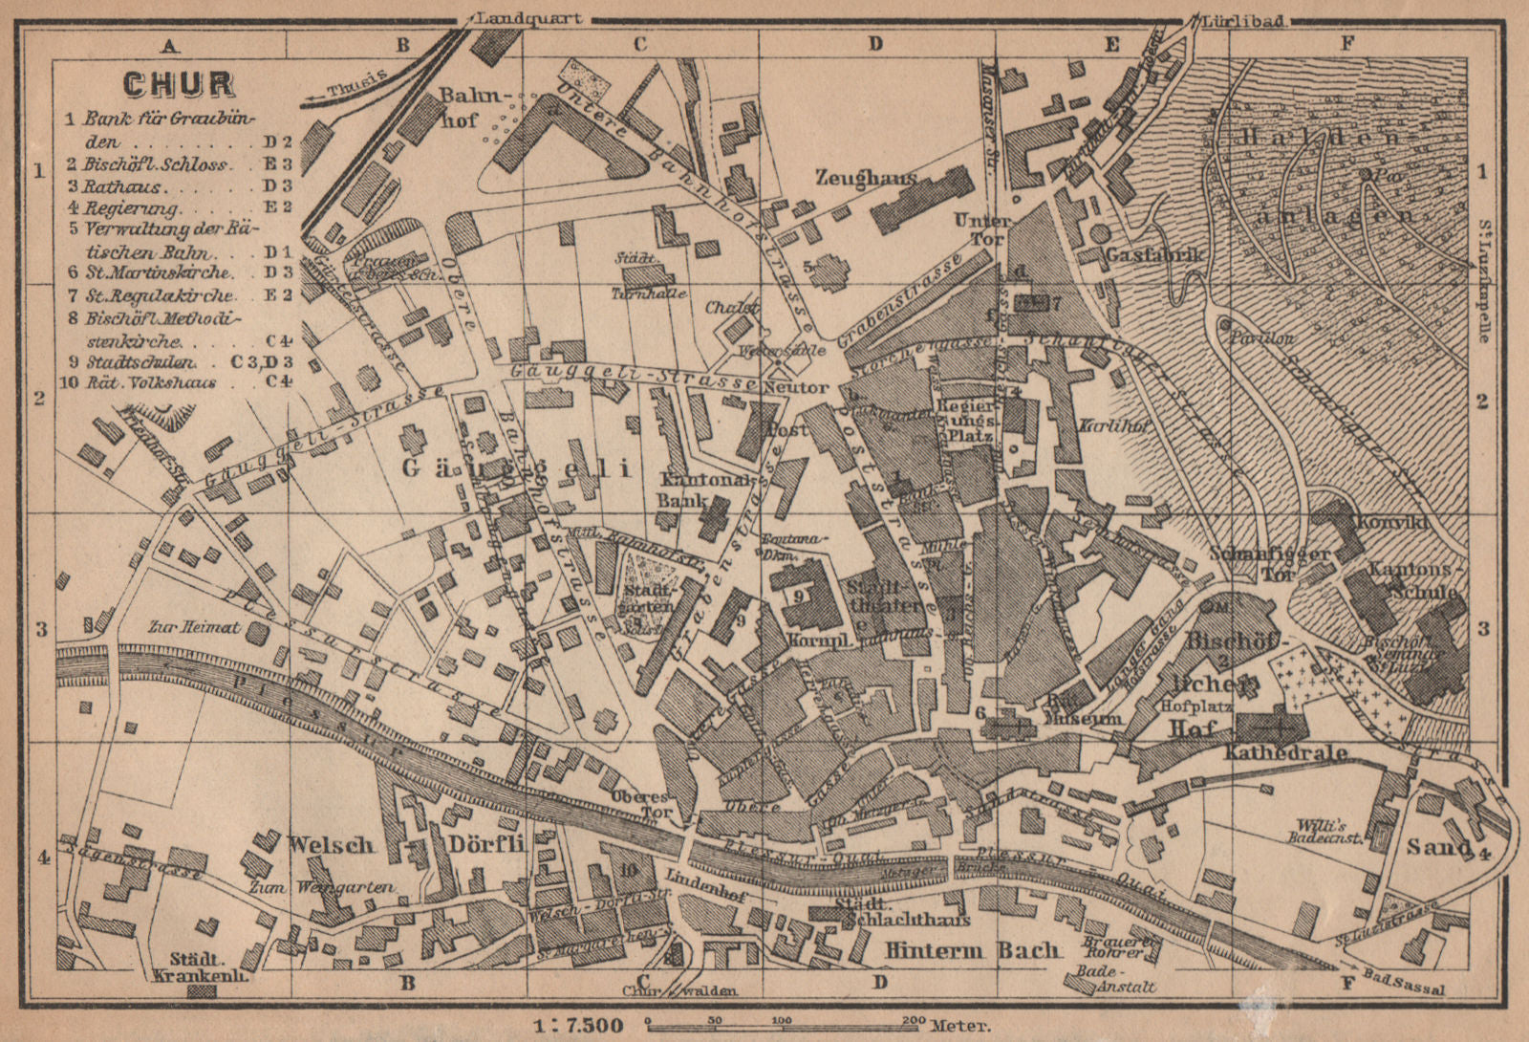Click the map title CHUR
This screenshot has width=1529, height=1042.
point(179,83)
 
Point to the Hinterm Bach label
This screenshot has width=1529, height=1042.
point(972,950)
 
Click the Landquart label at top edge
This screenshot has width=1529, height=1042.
point(526,19)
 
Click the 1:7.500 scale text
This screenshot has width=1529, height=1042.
point(578,1026)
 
